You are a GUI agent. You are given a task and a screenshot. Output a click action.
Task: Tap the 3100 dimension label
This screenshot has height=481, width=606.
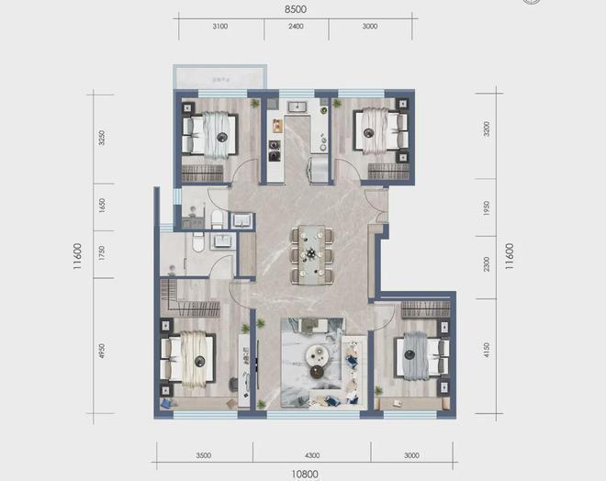click(219, 27)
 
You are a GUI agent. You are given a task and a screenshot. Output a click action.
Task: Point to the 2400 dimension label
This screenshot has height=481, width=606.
click(295, 27)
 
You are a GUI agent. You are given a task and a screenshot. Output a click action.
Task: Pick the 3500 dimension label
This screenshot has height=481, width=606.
click(203, 454)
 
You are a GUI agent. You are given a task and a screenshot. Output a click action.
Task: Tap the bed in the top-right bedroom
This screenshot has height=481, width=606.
click(378, 133)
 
